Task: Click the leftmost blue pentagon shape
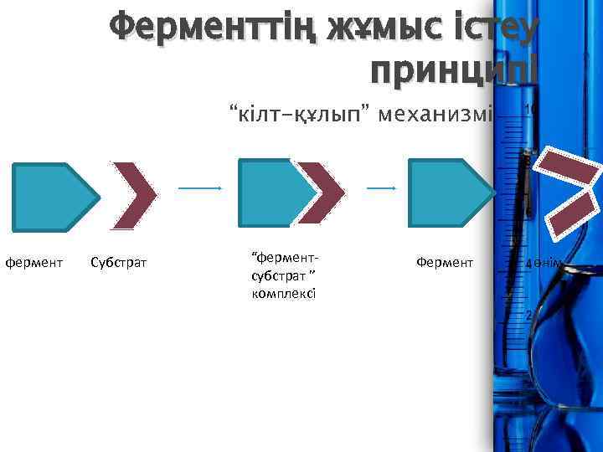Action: click(x=50, y=197)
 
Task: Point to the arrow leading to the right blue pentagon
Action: click(x=381, y=188)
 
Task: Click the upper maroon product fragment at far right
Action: click(x=569, y=165)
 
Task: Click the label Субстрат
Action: click(x=117, y=264)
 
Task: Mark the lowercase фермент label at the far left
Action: click(x=33, y=264)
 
